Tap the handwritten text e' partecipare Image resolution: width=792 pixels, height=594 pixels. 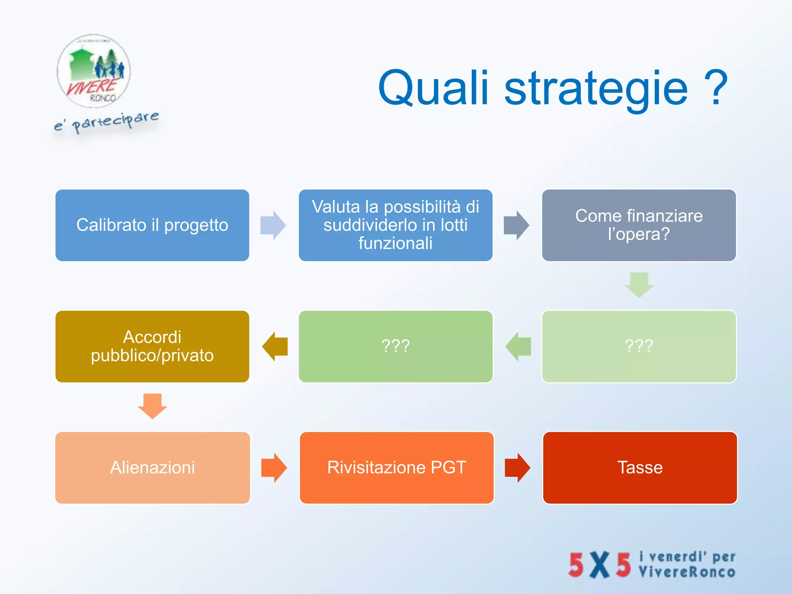tap(106, 121)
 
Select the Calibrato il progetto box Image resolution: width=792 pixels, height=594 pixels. tap(152, 225)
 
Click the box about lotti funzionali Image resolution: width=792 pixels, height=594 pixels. tap(395, 225)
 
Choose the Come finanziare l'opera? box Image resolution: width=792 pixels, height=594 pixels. tap(639, 225)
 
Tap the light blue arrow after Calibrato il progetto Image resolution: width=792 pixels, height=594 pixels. tap(273, 225)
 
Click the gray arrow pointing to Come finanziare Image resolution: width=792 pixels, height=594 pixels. tap(516, 225)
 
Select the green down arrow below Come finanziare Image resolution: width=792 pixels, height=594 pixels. tap(639, 285)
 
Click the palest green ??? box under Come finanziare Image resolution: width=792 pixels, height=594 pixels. tap(639, 346)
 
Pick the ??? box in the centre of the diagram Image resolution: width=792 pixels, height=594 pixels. tap(395, 346)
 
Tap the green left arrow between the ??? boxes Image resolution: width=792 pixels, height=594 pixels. tap(518, 346)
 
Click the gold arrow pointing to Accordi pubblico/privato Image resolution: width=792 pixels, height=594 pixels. tap(275, 346)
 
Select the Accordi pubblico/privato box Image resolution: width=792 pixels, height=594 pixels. tap(152, 346)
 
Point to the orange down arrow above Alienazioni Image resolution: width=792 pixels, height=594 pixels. tap(152, 406)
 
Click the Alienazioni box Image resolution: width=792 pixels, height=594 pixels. tap(152, 468)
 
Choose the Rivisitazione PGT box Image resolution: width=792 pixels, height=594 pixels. tap(396, 468)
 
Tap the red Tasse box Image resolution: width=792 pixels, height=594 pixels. tap(640, 468)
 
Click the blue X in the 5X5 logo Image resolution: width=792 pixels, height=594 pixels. tap(599, 565)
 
